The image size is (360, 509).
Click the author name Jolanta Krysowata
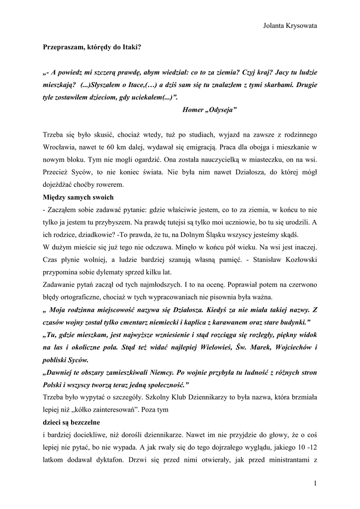pos(290,26)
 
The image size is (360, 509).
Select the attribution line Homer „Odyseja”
pos(210,109)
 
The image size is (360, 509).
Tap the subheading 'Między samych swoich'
pos(78,197)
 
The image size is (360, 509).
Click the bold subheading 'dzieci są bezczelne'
pos(71,422)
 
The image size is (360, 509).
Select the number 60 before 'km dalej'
pos(124,148)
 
